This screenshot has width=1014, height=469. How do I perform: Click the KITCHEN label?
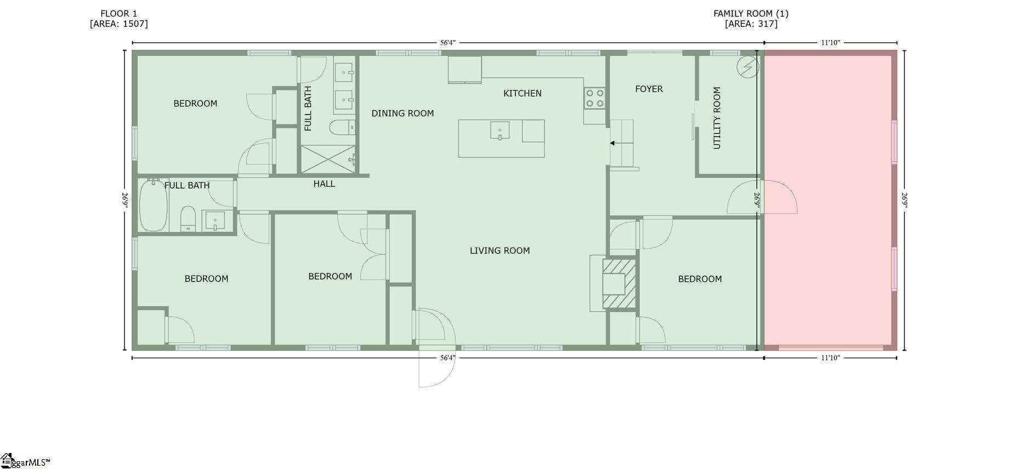(522, 93)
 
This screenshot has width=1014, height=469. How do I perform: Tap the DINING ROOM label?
(402, 113)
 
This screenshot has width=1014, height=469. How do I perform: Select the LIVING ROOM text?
(499, 251)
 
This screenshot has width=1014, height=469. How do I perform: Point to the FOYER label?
(648, 89)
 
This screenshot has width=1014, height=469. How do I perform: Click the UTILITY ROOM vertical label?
(716, 118)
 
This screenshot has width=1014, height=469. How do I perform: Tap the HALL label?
(324, 184)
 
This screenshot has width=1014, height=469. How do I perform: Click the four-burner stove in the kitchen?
(594, 98)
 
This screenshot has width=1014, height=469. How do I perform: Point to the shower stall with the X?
(327, 159)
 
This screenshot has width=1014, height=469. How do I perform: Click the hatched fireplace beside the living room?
(620, 284)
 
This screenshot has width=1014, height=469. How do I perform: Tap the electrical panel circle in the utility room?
(748, 67)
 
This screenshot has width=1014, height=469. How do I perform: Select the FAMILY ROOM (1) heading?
(750, 14)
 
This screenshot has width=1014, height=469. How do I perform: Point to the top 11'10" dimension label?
(830, 42)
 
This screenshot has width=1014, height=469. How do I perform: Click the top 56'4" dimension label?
(447, 42)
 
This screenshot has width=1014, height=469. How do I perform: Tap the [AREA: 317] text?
(750, 24)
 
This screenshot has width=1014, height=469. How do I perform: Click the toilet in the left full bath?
(188, 218)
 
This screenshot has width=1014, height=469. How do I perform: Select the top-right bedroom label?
(699, 279)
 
